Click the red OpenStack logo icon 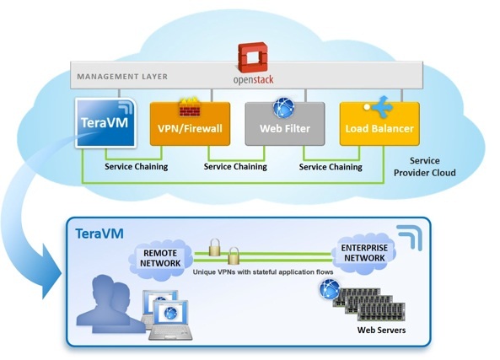tap(253, 57)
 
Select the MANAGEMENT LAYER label tap(122, 77)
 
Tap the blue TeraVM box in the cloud tap(106, 123)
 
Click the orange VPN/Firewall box tap(190, 124)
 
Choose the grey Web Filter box tap(285, 124)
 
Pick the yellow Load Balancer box tap(379, 124)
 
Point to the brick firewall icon tap(190, 107)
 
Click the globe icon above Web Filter tap(284, 108)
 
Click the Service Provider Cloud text tap(424, 166)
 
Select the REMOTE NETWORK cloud tap(160, 258)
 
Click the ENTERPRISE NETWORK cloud tap(364, 253)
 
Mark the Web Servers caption tap(381, 330)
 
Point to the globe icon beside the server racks tap(330, 289)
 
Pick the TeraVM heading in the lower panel tap(99, 234)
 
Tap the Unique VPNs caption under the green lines tap(263, 272)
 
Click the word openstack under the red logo tap(254, 79)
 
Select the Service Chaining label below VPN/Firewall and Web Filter tap(235, 166)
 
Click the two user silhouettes tap(110, 304)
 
